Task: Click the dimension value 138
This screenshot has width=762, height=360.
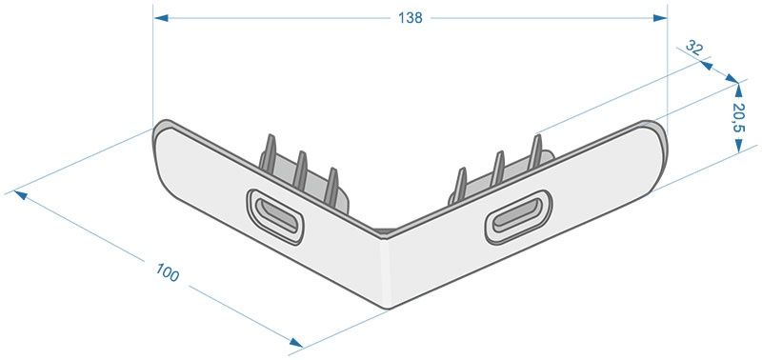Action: pos(411,18)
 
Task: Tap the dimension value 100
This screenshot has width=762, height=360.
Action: pos(168,272)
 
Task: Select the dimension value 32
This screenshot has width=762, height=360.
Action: pos(694,47)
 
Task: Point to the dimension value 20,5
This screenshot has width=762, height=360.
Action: pos(738,117)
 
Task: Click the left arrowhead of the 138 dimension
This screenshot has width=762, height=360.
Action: pos(161,18)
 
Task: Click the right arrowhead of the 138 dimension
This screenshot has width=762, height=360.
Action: pos(660,18)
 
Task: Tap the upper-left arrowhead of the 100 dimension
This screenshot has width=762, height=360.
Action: pos(20,195)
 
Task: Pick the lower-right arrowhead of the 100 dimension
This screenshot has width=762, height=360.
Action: pos(295,343)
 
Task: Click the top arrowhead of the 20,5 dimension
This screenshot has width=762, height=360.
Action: pos(739,90)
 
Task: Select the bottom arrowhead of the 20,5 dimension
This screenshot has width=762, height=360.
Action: pos(739,146)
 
